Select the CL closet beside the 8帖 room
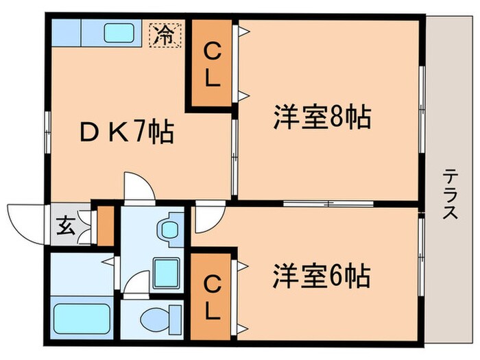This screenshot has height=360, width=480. click(x=211, y=64)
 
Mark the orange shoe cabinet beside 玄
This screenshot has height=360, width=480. click(x=105, y=225)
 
